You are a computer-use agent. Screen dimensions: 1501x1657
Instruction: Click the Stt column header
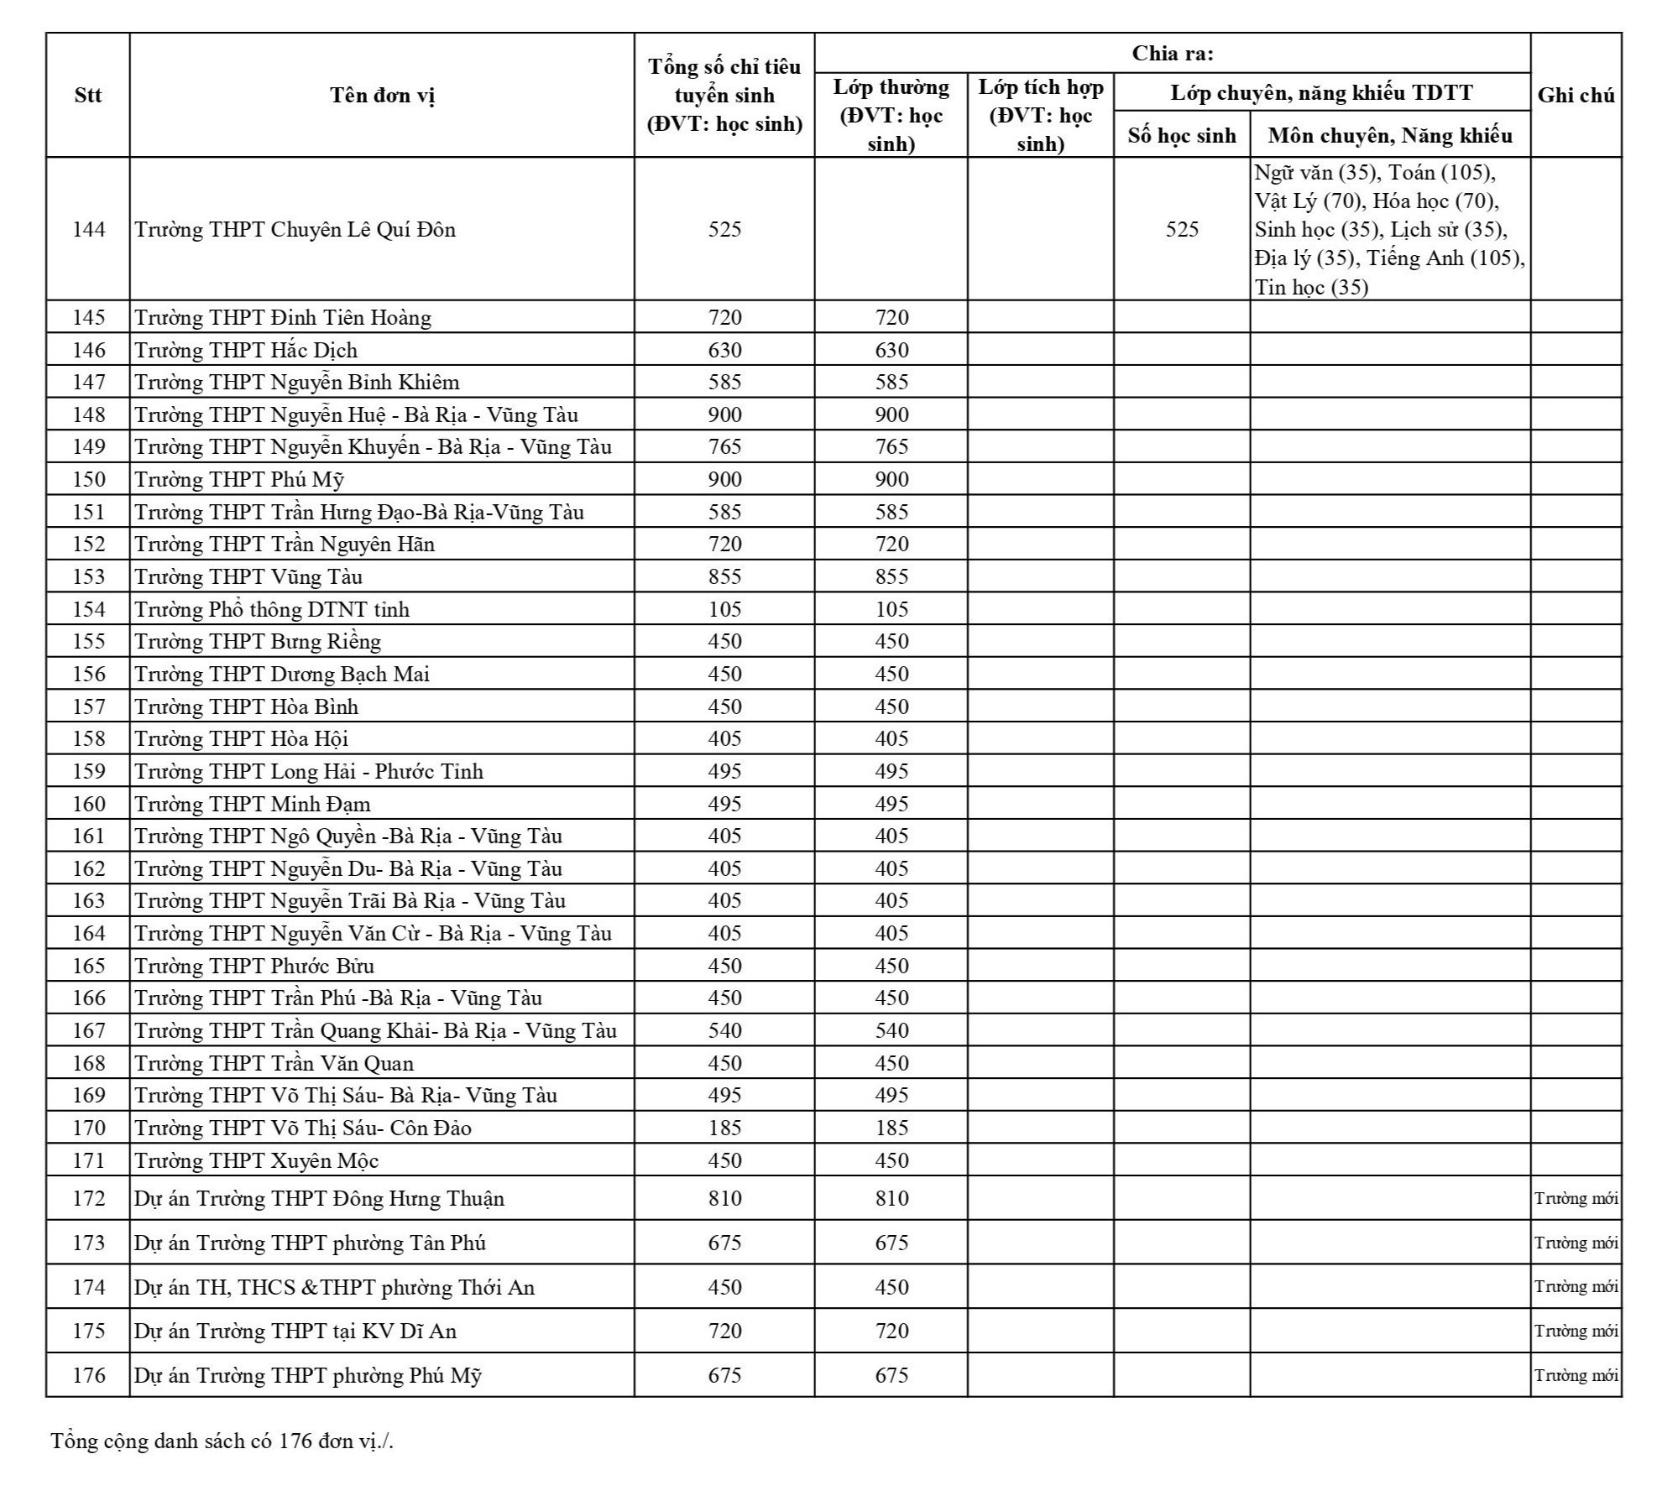pyautogui.click(x=88, y=95)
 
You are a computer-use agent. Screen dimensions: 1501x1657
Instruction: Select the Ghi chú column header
pyautogui.click(x=1576, y=95)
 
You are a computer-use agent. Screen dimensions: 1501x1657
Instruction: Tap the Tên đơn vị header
pyautogui.click(x=382, y=95)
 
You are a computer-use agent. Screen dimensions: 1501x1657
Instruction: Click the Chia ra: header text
pyautogui.click(x=1172, y=54)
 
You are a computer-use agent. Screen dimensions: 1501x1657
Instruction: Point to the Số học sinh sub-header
pyautogui.click(x=1181, y=135)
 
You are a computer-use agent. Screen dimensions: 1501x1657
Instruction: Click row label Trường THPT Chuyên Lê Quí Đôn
pyautogui.click(x=295, y=229)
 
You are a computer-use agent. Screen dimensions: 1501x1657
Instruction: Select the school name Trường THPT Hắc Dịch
pyautogui.click(x=246, y=350)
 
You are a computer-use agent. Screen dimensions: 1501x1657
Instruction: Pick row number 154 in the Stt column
pyautogui.click(x=88, y=609)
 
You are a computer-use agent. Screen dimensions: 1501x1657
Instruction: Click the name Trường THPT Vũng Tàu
pyautogui.click(x=248, y=576)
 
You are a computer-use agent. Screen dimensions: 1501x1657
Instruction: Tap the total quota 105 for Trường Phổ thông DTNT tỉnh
pyautogui.click(x=724, y=609)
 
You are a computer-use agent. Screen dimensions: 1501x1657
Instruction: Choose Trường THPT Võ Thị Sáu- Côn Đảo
pyautogui.click(x=303, y=1128)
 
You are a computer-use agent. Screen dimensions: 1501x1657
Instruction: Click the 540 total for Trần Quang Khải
pyautogui.click(x=724, y=1030)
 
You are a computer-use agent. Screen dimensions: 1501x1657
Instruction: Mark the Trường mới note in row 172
pyautogui.click(x=1576, y=1198)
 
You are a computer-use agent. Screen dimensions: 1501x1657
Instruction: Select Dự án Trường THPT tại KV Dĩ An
pyautogui.click(x=295, y=1331)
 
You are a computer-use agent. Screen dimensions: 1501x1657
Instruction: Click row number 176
pyautogui.click(x=88, y=1375)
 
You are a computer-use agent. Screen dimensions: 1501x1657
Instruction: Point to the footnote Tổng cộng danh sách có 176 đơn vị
pyautogui.click(x=222, y=1441)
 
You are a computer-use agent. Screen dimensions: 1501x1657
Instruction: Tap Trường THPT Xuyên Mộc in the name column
pyautogui.click(x=257, y=1160)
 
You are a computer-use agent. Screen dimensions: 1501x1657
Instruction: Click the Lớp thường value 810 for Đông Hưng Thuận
pyautogui.click(x=891, y=1198)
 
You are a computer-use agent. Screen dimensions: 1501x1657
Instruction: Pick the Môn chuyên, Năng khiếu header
pyautogui.click(x=1389, y=135)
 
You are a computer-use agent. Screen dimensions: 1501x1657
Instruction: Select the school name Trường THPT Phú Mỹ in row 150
pyautogui.click(x=239, y=479)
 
